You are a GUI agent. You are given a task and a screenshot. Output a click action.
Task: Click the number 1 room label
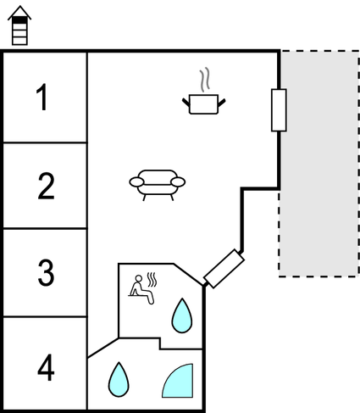point(44,98)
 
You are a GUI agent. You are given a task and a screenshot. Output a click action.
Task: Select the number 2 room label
point(45,187)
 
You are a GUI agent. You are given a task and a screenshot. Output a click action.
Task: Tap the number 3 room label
point(45,273)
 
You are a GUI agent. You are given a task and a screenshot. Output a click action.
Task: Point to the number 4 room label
point(45,369)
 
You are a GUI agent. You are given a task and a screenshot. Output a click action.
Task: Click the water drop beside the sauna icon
point(182,316)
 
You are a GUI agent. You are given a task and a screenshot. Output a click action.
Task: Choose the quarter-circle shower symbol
point(179,382)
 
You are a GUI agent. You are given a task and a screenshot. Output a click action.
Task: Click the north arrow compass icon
point(18,25)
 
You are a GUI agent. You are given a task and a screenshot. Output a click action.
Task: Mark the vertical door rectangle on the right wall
point(279,110)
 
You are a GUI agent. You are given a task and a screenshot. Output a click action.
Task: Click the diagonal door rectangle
point(224,268)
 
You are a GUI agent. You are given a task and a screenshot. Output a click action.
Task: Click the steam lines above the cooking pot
point(204,81)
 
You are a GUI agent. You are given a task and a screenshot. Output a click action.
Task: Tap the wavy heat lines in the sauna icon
point(152,280)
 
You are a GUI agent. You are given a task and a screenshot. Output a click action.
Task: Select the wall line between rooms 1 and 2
point(45,142)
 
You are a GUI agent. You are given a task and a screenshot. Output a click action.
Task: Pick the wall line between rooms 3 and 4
point(45,317)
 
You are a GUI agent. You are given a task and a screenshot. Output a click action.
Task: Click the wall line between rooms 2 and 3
point(45,229)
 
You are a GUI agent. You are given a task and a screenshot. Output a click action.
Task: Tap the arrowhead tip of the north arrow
point(18,6)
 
